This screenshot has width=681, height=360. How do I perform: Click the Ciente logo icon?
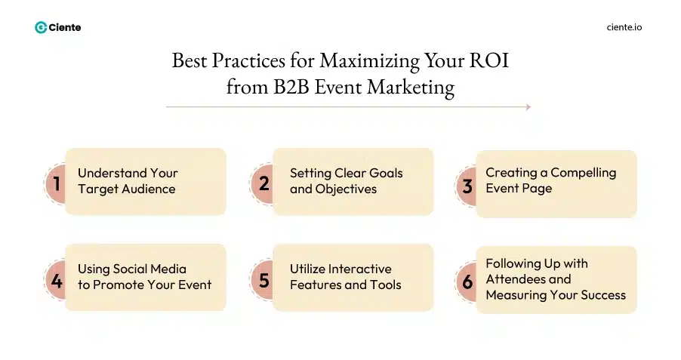pyautogui.click(x=41, y=27)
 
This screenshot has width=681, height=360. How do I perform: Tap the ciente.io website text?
pyautogui.click(x=624, y=27)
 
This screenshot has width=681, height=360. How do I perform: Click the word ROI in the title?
pyautogui.click(x=491, y=60)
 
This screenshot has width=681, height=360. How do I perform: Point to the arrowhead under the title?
pyautogui.click(x=528, y=107)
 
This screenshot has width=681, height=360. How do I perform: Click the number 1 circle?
pyautogui.click(x=56, y=183)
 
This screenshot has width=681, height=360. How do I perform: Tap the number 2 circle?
pyautogui.click(x=263, y=183)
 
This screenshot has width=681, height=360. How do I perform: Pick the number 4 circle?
pyautogui.click(x=56, y=280)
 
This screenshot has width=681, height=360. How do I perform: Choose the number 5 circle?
pyautogui.click(x=263, y=280)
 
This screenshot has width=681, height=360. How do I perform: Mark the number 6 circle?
pyautogui.click(x=467, y=282)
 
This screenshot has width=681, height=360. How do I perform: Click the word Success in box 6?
pyautogui.click(x=601, y=295)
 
